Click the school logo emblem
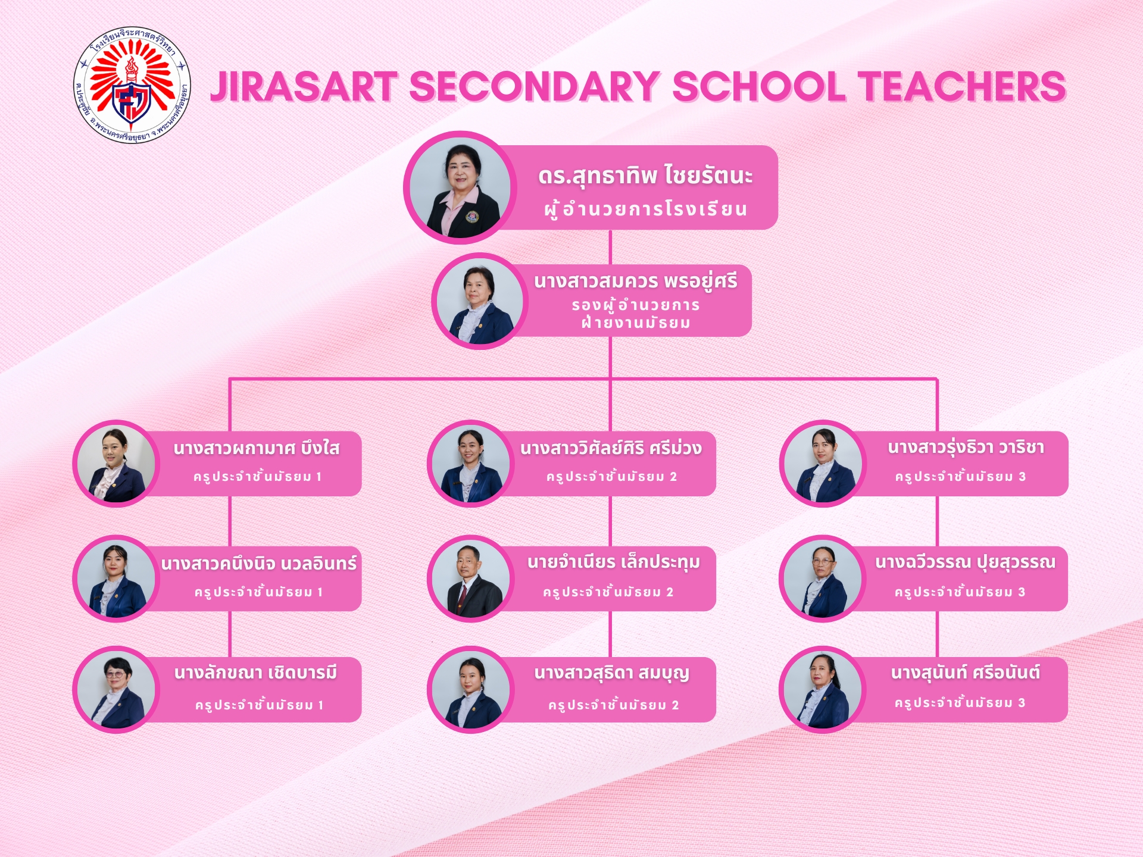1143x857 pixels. pos(131,85)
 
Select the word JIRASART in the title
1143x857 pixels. pos(304,87)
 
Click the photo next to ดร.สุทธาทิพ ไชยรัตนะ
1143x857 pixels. pos(460,187)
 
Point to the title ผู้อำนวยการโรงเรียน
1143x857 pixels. pos(645,209)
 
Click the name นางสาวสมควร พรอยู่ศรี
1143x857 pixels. pos(635,281)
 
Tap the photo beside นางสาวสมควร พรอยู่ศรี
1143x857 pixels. pos(480,301)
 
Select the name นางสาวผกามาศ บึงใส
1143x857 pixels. pos(257,448)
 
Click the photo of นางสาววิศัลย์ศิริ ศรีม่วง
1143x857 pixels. pos(471,463)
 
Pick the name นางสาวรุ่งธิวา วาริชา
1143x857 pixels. pos(966,448)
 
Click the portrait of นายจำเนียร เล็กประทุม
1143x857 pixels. pos(471,578)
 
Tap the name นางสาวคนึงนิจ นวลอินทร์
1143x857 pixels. pos(259,563)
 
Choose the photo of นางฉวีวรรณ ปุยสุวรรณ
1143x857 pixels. pos(823,578)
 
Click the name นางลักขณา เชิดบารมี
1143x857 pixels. pos(256,673)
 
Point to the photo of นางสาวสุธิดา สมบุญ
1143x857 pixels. pos(471,690)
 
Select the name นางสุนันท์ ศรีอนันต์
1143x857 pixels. pos(966,673)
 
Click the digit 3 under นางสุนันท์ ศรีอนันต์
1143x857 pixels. pos(1022,703)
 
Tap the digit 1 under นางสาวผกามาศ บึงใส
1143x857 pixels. pos(319,477)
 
